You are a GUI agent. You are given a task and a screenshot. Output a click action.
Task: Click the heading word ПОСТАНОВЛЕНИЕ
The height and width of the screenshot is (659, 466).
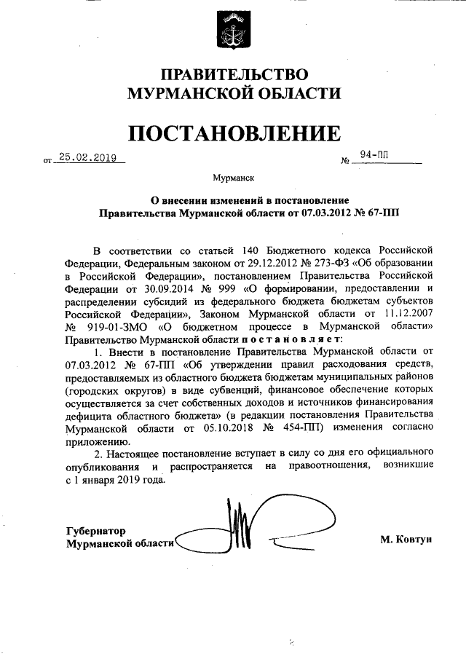pyautogui.click(x=234, y=134)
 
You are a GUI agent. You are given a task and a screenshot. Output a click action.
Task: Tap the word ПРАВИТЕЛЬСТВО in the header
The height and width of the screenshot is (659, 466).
pyautogui.click(x=234, y=75)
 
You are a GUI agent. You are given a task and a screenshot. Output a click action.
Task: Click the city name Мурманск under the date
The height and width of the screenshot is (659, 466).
pyautogui.click(x=233, y=177)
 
